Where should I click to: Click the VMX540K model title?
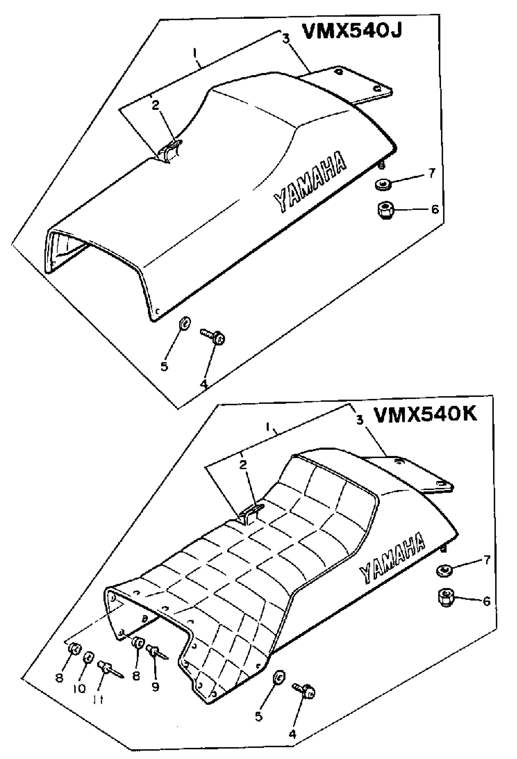[425, 415]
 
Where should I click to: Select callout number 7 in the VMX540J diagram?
[432, 173]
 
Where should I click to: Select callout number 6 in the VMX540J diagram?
[435, 209]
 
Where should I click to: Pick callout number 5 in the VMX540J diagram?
[164, 366]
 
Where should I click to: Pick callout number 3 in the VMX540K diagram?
[359, 420]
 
